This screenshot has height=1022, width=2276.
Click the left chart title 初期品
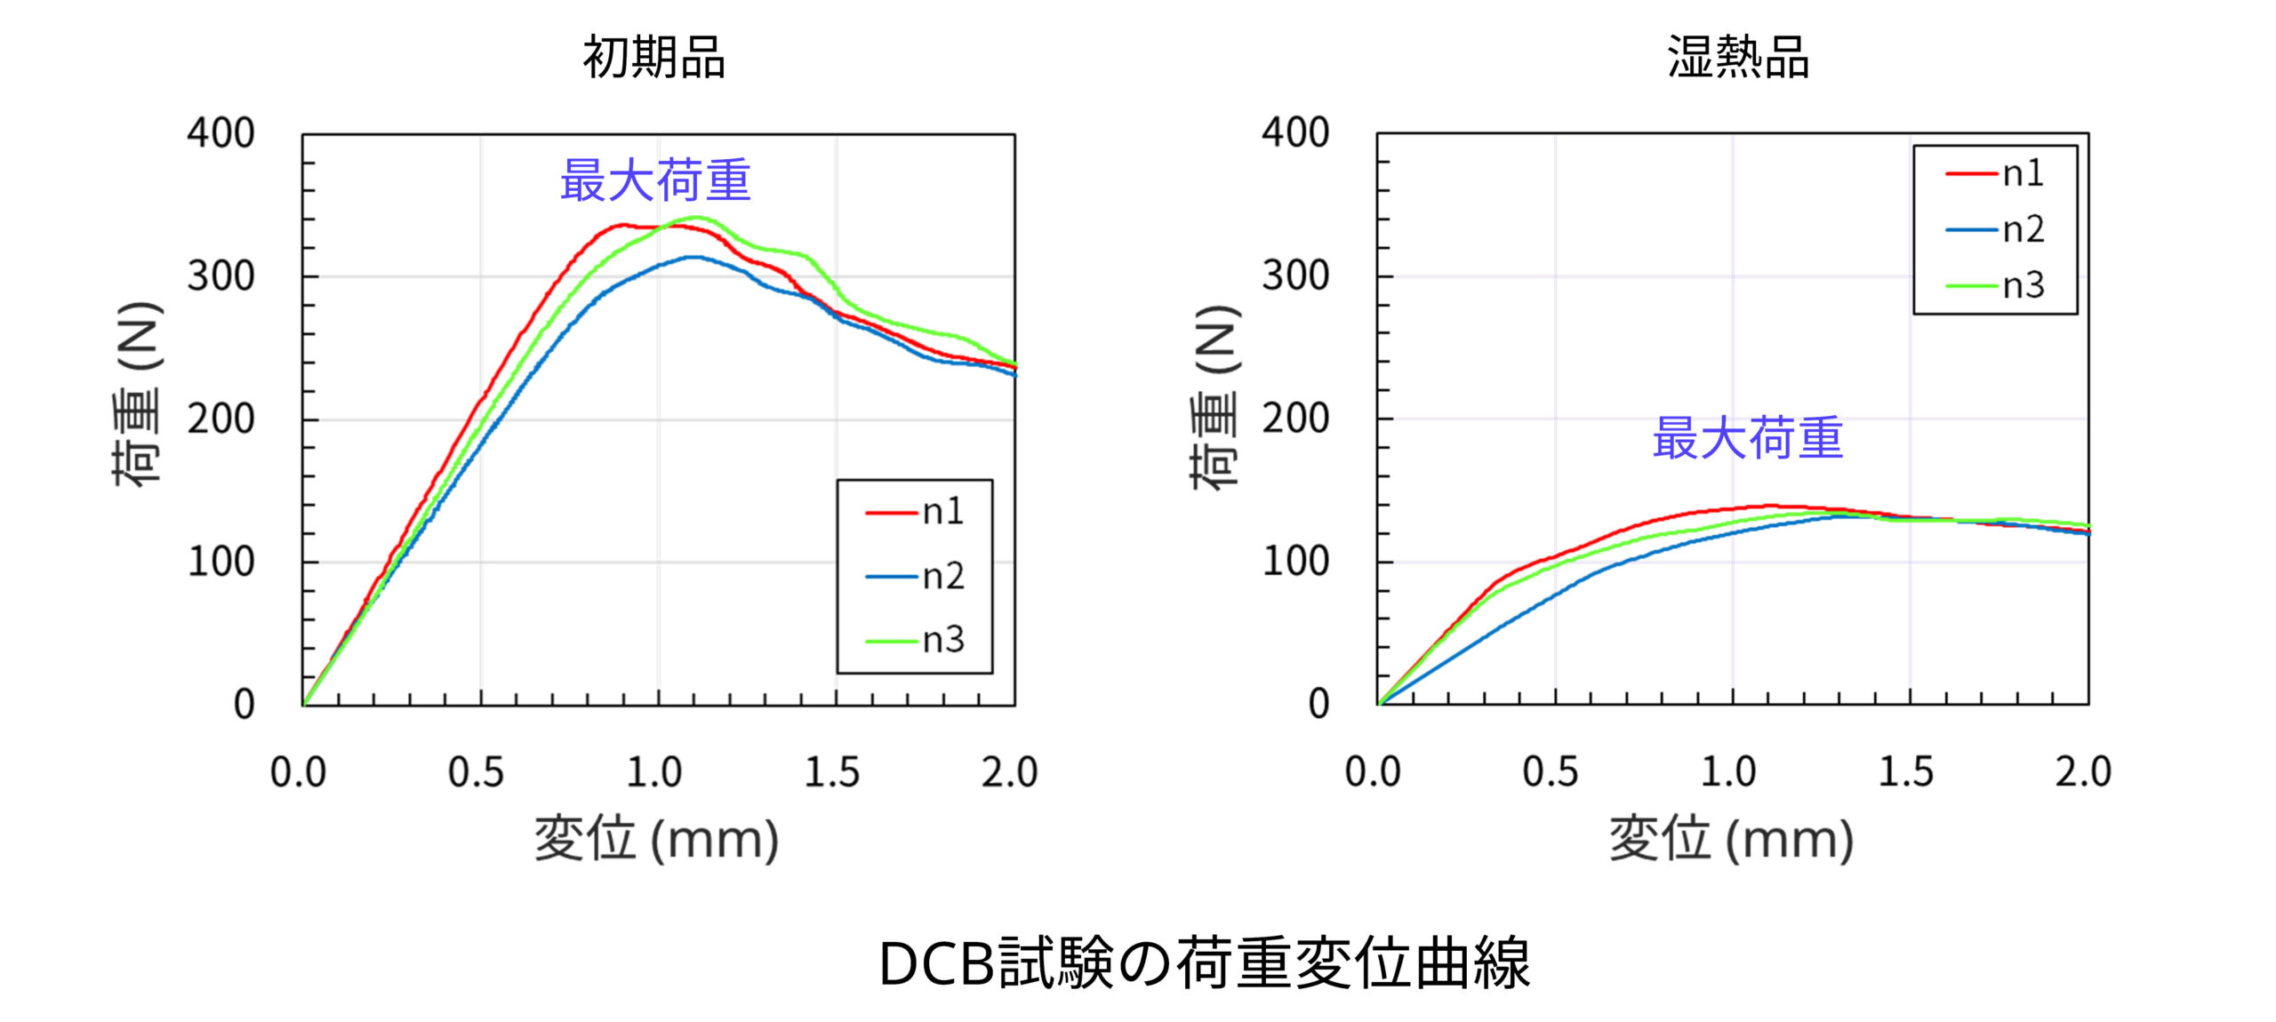[653, 58]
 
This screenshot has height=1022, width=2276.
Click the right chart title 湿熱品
[1737, 58]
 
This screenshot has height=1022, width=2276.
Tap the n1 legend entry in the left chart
[916, 512]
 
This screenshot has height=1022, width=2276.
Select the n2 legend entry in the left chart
[916, 577]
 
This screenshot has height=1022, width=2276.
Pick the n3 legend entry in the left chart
[916, 640]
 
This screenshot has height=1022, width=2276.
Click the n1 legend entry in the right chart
[1996, 173]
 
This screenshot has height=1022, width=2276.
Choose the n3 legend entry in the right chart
[1996, 285]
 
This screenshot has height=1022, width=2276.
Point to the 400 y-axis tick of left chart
[220, 133]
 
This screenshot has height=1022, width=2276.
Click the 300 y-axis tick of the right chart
[1295, 275]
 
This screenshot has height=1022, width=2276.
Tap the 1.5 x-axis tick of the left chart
[831, 771]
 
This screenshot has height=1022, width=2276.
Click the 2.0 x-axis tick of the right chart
[2082, 771]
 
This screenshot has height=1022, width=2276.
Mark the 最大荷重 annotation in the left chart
[655, 180]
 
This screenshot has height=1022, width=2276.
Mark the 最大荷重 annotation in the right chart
[1747, 438]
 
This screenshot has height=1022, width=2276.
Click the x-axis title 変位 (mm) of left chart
[656, 839]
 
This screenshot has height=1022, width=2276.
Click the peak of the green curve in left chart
[696, 217]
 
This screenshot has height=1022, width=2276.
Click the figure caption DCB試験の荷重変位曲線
[1204, 963]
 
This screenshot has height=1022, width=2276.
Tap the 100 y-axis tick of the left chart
[220, 562]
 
